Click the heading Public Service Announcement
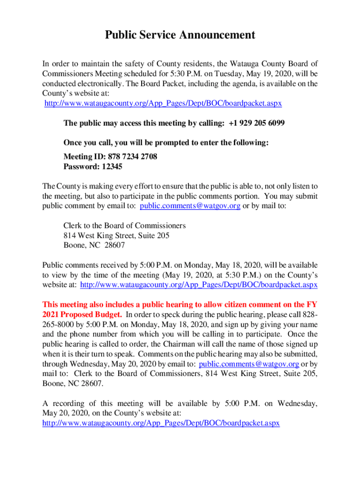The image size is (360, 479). (x=180, y=35)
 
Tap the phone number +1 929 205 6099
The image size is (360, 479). (x=257, y=123)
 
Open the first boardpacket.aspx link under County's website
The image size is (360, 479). (x=163, y=103)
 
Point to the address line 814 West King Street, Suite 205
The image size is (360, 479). (x=116, y=235)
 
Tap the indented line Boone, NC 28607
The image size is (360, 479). (x=94, y=245)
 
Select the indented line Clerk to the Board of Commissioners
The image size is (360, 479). (x=124, y=225)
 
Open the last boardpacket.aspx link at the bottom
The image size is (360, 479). (x=161, y=423)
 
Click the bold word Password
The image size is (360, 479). (x=80, y=167)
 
